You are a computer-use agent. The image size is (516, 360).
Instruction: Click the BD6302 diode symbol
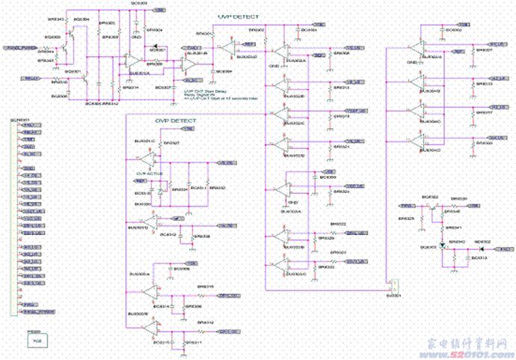443,245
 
